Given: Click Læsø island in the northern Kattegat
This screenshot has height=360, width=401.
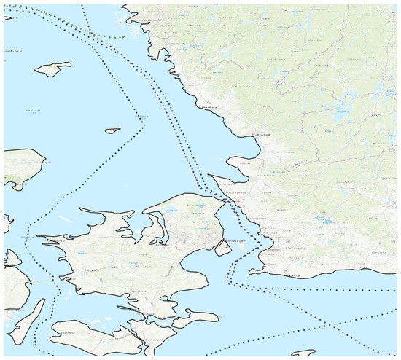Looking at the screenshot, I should tap(52, 69).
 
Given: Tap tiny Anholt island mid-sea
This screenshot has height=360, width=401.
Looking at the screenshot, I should tap(112, 131).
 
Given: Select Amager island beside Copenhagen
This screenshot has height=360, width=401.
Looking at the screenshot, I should tap(224, 248).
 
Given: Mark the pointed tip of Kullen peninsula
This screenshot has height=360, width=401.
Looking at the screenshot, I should tap(210, 176).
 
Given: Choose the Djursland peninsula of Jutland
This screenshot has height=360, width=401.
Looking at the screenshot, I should tap(18, 164).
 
